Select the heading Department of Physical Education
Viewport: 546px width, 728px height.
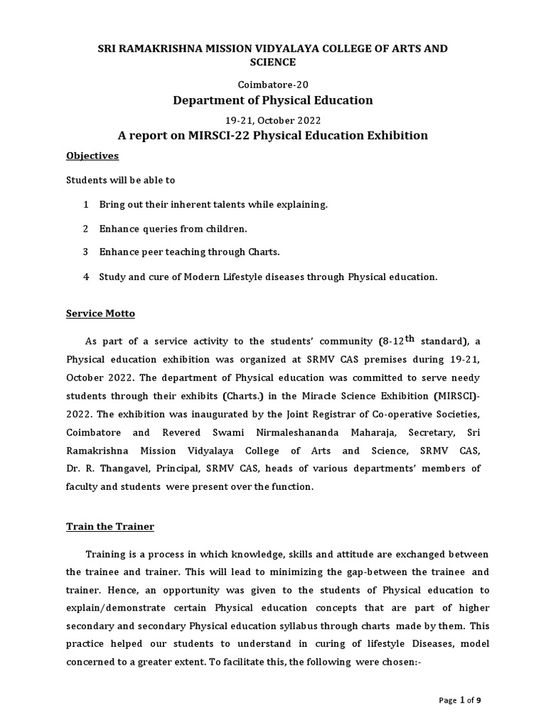coord(273,100)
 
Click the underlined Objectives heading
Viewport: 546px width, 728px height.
coord(92,156)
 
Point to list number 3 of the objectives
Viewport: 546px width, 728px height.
coord(85,252)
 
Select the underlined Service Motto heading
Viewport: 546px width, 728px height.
coord(100,314)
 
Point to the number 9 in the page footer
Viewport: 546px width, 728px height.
coord(478,701)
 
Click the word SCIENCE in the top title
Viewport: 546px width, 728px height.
coord(273,62)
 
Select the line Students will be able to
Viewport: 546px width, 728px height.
coord(120,181)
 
